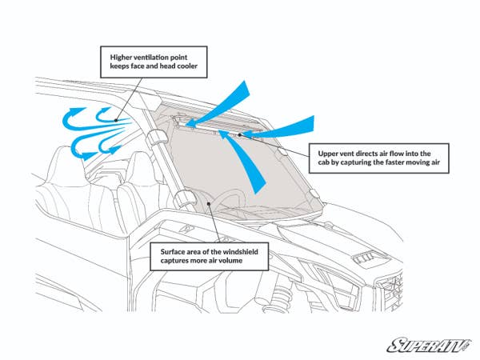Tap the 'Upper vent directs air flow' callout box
coord(376,158)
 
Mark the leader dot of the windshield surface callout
coord(207,204)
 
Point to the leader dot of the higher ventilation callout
coord(117,121)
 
